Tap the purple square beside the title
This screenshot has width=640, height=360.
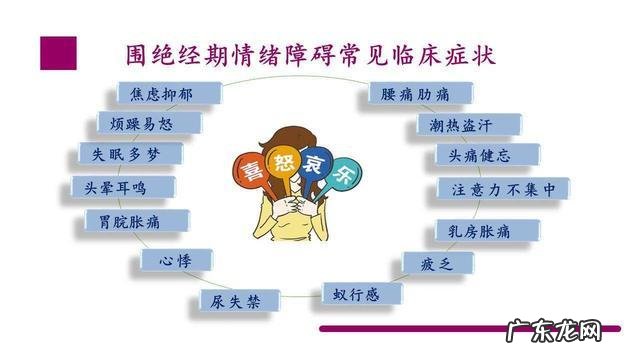58,53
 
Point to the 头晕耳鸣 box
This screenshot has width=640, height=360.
121,187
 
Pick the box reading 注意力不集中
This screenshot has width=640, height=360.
503,188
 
